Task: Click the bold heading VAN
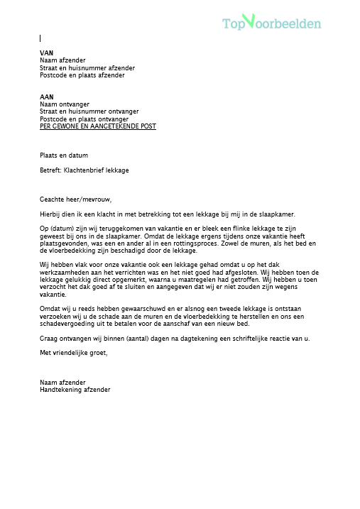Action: (47, 53)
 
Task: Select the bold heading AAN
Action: (47, 97)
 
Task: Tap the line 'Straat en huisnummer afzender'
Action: (87, 68)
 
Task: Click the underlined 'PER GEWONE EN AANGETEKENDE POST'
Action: (98, 126)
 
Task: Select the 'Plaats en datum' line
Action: (65, 155)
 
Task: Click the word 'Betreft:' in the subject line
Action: (51, 170)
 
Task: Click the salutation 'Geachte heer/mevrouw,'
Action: (76, 199)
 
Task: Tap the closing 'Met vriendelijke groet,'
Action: (74, 353)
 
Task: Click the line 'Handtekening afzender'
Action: (75, 389)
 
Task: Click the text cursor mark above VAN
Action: (40, 38)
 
